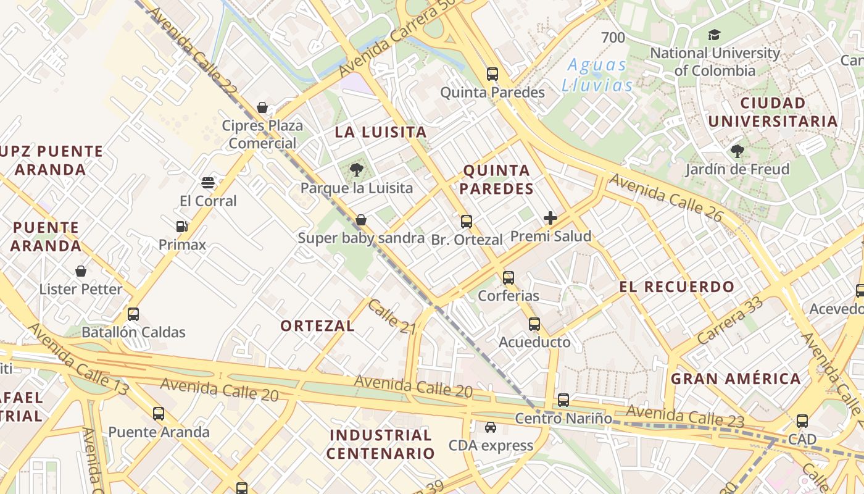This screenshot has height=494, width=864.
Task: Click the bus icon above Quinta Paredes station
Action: pyautogui.click(x=492, y=74)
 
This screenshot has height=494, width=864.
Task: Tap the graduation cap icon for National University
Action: pyautogui.click(x=714, y=35)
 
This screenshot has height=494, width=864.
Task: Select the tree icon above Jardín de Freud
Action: pyautogui.click(x=737, y=151)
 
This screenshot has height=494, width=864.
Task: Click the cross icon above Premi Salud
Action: pyautogui.click(x=550, y=218)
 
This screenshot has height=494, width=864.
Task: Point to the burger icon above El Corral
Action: pyautogui.click(x=208, y=183)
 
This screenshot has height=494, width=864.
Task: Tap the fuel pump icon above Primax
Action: pyautogui.click(x=182, y=227)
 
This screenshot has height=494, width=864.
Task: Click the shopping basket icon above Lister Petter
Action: pyautogui.click(x=81, y=271)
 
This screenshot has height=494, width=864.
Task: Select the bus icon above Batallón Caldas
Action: pyautogui.click(x=133, y=314)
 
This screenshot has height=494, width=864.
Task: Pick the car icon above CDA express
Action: pyautogui.click(x=490, y=427)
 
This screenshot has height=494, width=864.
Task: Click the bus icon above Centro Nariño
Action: pyautogui.click(x=563, y=400)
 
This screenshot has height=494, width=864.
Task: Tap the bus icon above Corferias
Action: pyautogui.click(x=509, y=278)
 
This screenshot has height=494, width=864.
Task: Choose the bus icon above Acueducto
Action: pyautogui.click(x=534, y=324)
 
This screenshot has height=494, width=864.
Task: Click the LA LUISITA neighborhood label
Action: pyautogui.click(x=381, y=132)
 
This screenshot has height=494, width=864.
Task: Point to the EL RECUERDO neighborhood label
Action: pyautogui.click(x=677, y=287)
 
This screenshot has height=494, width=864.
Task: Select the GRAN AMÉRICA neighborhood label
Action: pyautogui.click(x=736, y=379)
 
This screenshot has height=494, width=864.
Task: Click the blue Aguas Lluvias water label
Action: pyautogui.click(x=597, y=75)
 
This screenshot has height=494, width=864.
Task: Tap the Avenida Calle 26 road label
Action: pyautogui.click(x=665, y=197)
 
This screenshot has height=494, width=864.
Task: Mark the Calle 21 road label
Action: pyautogui.click(x=392, y=317)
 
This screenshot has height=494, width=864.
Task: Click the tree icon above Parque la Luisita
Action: pyautogui.click(x=356, y=170)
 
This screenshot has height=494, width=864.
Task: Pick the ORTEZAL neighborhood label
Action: pyautogui.click(x=317, y=326)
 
